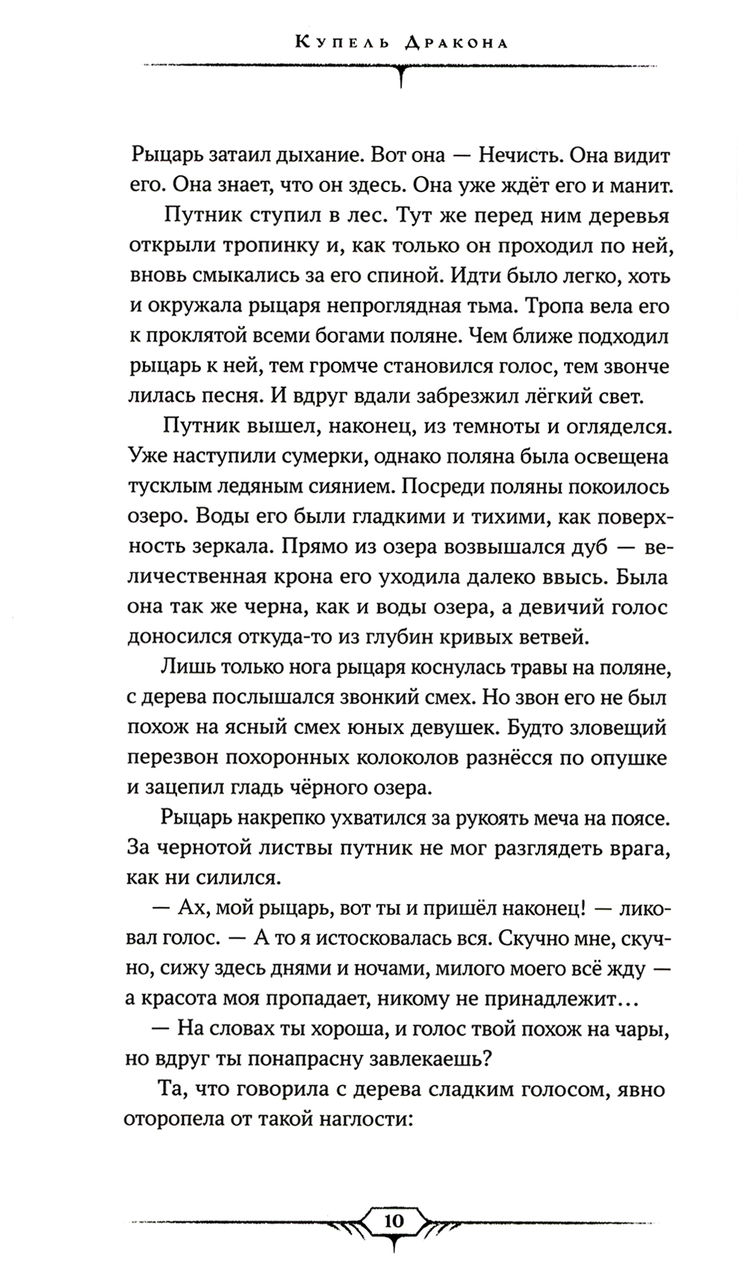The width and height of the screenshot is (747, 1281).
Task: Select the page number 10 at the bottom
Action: pyautogui.click(x=393, y=1222)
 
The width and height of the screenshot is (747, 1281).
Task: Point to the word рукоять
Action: pyautogui.click(x=483, y=818)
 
